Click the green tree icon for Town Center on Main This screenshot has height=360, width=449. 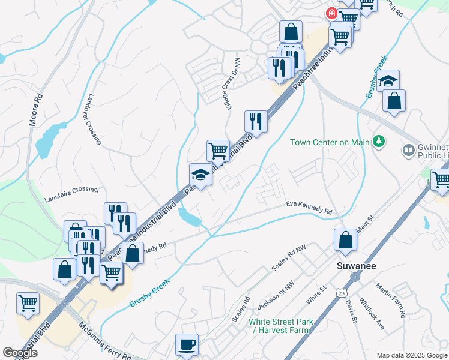(x=379, y=142)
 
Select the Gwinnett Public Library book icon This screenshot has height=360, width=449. (x=408, y=149)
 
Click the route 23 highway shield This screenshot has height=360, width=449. (x=342, y=292)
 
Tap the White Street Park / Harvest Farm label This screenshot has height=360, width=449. (x=281, y=326)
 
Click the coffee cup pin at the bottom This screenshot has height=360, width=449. (x=186, y=345)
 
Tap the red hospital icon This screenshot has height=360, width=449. (x=331, y=13)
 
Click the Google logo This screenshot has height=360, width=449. (x=20, y=352)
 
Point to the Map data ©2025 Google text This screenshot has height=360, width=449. (x=411, y=355)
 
